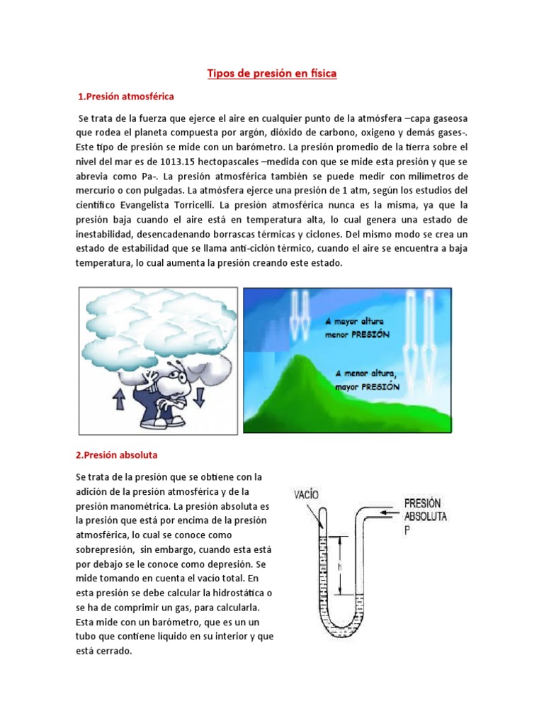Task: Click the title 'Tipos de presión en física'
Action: (x=271, y=74)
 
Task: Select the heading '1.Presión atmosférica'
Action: (x=126, y=96)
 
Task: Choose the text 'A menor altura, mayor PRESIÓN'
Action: (x=368, y=381)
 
